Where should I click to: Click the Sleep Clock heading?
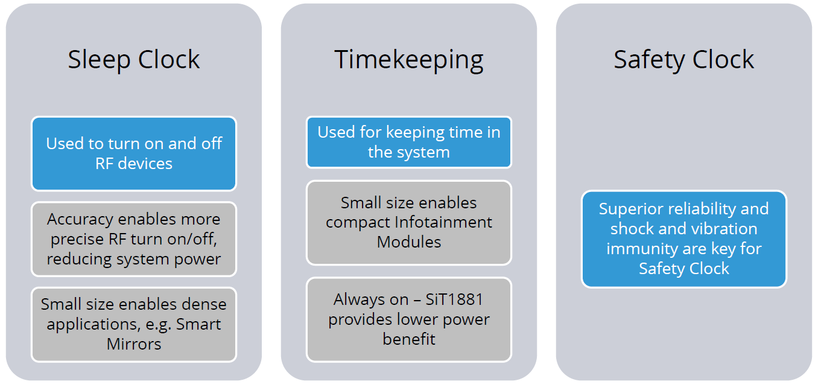coord(133,60)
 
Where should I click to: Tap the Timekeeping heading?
coord(409,60)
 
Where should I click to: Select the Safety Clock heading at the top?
coord(684,60)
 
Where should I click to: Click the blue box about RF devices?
coord(134,153)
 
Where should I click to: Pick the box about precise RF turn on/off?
coord(134,239)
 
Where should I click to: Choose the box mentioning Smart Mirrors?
coord(134,324)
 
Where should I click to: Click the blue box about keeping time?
coord(409,142)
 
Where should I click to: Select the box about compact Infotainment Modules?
coord(409,222)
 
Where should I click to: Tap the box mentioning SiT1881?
coord(409,319)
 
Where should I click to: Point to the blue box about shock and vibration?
coord(684,238)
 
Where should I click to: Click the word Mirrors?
coord(134,344)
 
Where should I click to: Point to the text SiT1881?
coord(454,299)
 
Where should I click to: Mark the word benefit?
coord(409,339)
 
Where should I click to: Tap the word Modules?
coord(409,242)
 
